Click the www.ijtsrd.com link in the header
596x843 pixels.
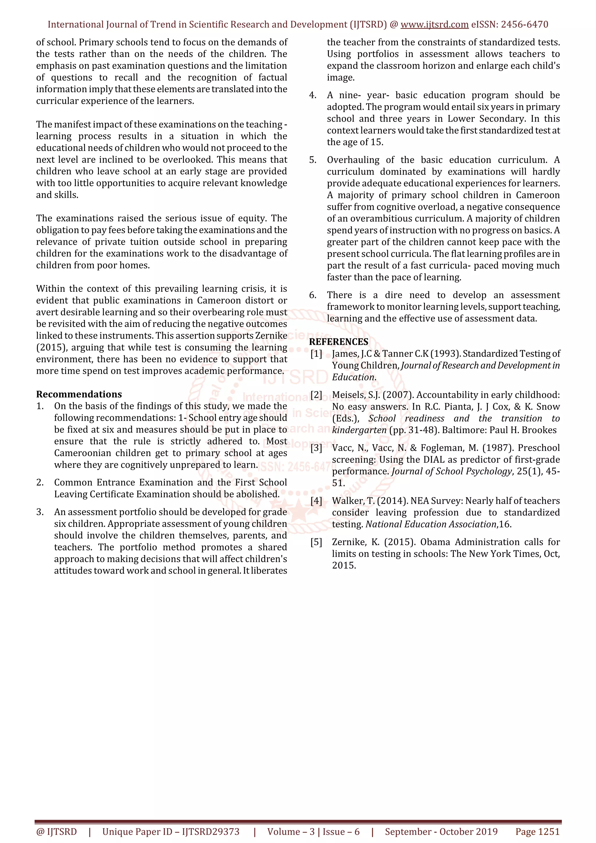point(434,25)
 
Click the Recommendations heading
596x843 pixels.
point(79,394)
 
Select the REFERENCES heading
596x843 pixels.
point(338,342)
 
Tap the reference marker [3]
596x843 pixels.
point(316,448)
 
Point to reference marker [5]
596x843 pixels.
point(316,542)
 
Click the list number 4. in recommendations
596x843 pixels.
point(313,95)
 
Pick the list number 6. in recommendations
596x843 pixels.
point(313,295)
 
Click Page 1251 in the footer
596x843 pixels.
point(537,832)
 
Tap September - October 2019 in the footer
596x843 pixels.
point(441,832)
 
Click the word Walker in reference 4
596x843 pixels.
point(348,501)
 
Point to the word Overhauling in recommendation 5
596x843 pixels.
point(353,160)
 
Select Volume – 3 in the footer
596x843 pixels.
point(291,832)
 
